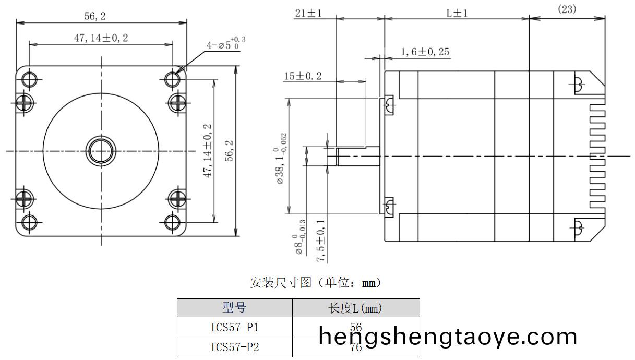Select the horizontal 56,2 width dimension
coord(95,16)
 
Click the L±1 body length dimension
coord(457,13)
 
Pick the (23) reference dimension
coord(567,9)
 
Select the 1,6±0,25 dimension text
coord(425,52)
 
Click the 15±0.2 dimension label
coord(303,76)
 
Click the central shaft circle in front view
coord(101,151)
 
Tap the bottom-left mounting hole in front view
coord(29,223)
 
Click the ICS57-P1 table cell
coord(234,328)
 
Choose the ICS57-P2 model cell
coord(234,347)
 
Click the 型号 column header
coord(234,308)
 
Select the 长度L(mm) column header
coord(355,308)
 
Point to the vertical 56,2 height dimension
coord(229,151)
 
